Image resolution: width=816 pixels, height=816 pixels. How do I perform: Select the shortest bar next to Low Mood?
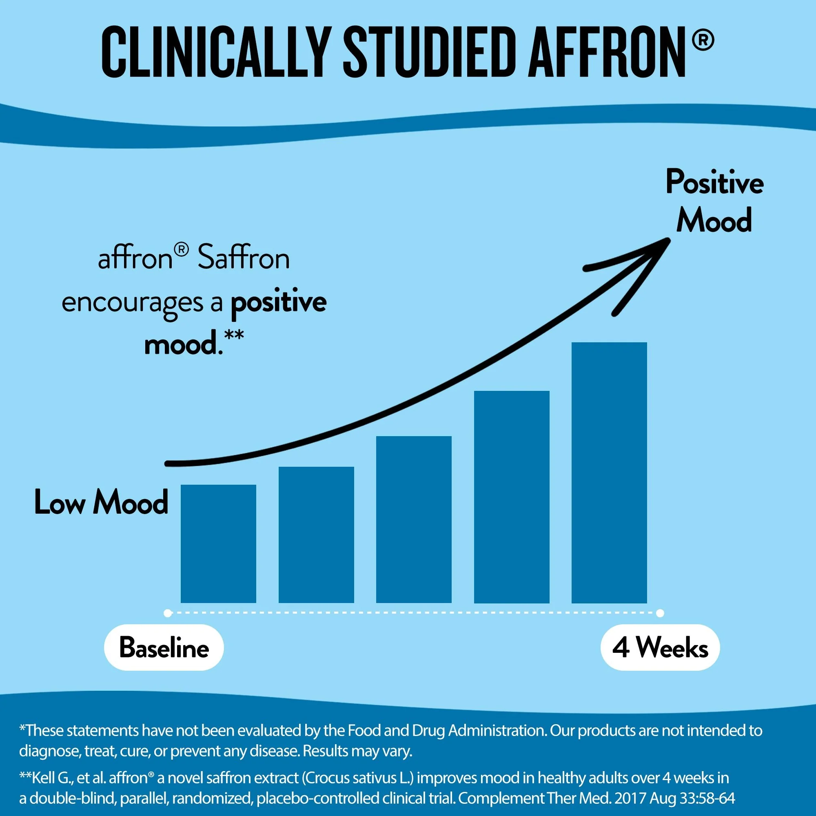(x=218, y=543)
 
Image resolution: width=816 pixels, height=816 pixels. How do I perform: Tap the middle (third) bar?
(x=414, y=519)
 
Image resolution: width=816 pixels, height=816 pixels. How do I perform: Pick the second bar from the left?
(x=316, y=535)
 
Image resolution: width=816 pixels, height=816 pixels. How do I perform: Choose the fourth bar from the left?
(x=512, y=497)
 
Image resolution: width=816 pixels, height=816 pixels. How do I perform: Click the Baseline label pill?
(x=164, y=647)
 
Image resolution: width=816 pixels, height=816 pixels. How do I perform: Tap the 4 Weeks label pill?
(x=660, y=647)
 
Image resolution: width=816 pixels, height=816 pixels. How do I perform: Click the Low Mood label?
(x=101, y=503)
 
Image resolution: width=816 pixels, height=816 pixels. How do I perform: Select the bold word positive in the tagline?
(x=278, y=302)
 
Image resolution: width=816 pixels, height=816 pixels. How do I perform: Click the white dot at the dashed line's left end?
(x=168, y=613)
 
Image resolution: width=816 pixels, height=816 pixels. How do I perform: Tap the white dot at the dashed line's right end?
(x=660, y=613)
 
